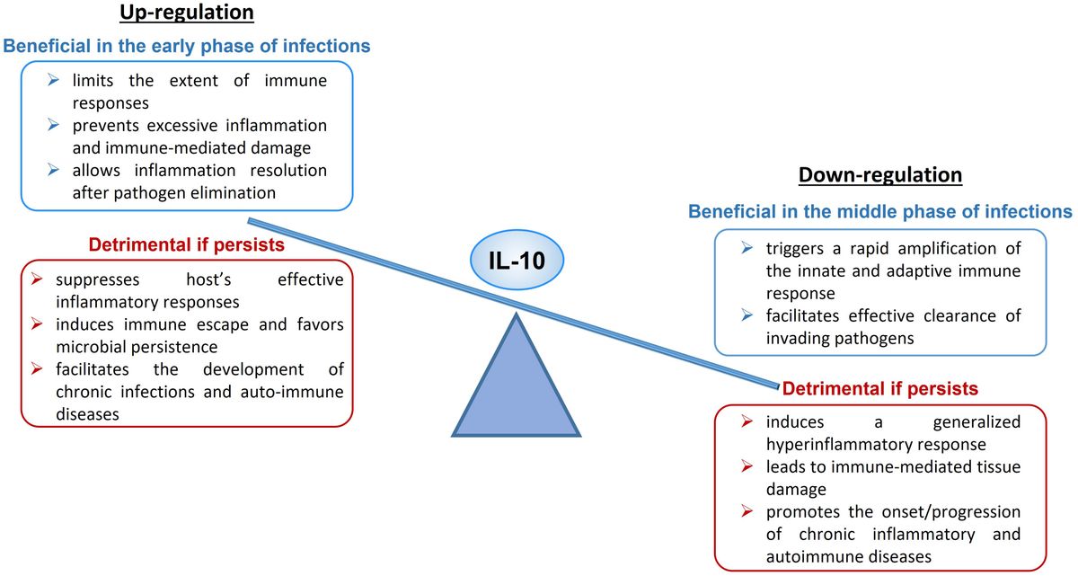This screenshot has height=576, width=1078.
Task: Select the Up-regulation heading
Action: pos(186,13)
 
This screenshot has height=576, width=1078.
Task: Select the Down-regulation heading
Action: pos(879,174)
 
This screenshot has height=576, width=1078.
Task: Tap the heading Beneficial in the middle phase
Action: pos(879,212)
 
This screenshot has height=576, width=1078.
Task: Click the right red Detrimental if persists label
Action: pos(879,389)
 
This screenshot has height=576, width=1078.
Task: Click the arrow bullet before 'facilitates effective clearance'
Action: pos(748,316)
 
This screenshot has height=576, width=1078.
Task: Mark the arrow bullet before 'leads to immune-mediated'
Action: pos(748,466)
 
